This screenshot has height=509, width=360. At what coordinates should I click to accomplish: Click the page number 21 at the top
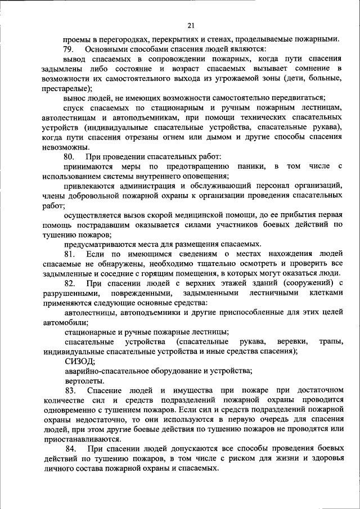(x=191, y=25)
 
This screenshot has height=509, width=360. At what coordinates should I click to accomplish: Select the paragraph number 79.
(x=69, y=49)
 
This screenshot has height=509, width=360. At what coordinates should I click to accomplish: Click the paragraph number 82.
(x=69, y=282)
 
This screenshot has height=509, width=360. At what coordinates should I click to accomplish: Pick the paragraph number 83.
(x=69, y=390)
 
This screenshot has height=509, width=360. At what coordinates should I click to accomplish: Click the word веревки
(x=289, y=341)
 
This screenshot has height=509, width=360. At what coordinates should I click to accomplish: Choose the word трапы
(x=331, y=341)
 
